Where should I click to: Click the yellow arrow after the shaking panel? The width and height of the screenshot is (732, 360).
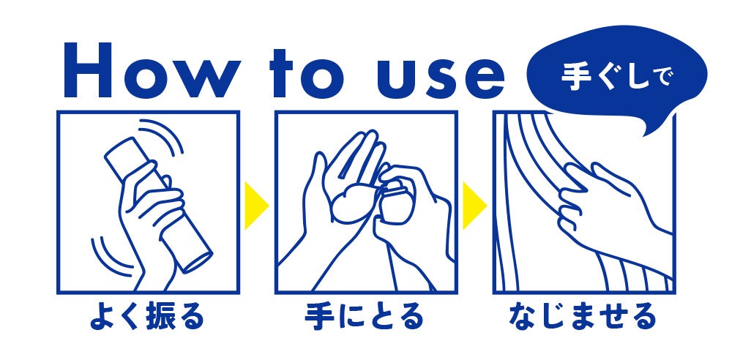pos(255,206)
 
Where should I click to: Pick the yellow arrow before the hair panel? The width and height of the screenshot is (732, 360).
pos(474,206)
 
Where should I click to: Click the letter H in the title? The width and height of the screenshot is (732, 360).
pos(88,70)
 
